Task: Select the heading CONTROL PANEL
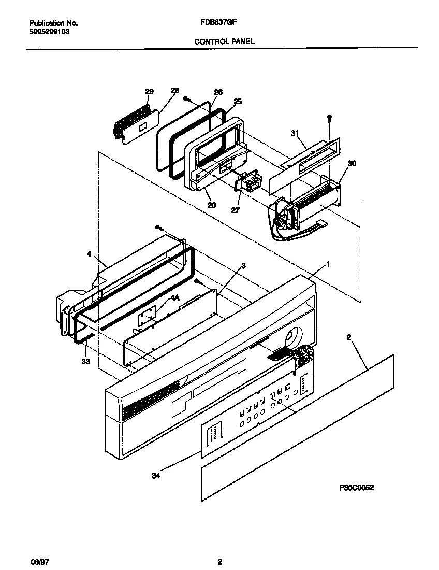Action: (224, 41)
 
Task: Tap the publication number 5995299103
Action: (49, 32)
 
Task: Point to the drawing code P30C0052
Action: (356, 488)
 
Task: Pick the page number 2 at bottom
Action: (220, 562)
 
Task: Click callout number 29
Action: (149, 92)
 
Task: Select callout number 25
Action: (238, 102)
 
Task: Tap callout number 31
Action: (295, 133)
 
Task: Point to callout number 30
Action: (352, 163)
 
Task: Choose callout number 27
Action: (236, 210)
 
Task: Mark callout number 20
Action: (212, 205)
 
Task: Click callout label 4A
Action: (175, 298)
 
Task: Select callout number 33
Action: (86, 362)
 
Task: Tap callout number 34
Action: (156, 476)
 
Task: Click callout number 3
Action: (244, 266)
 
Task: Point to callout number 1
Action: (328, 264)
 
